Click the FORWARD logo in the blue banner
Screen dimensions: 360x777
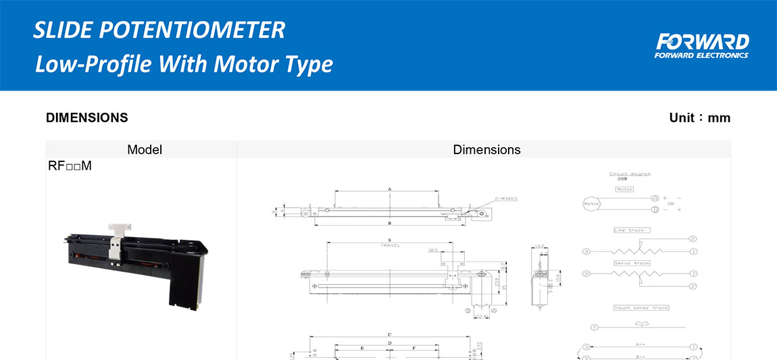pos(701,45)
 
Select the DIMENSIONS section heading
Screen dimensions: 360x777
pos(86,118)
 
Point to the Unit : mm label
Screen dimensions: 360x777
pos(699,118)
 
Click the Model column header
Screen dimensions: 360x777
pos(145,150)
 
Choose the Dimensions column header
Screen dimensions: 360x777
pos(486,150)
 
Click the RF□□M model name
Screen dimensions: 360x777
pos(70,166)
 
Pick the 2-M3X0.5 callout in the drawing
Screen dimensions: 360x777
pos(511,199)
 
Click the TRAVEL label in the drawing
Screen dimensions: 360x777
pos(390,245)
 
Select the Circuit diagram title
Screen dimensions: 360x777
pos(630,174)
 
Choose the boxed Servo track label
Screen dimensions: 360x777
pos(632,263)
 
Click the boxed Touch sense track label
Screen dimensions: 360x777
pos(641,308)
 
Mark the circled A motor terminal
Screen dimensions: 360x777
pos(655,199)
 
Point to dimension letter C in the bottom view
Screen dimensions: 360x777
pos(390,335)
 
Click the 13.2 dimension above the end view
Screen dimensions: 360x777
pos(539,246)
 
